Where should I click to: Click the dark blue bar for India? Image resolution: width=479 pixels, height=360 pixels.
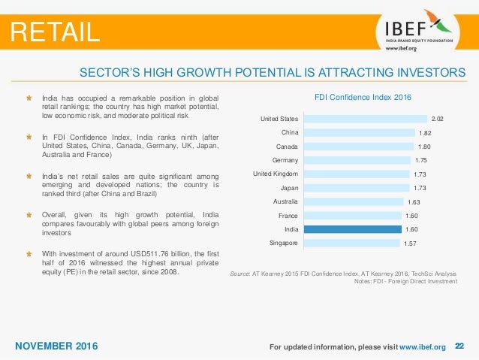[353, 229]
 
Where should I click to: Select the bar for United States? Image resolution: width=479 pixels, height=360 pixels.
[366, 119]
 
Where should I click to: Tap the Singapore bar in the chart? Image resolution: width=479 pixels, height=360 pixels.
[351, 244]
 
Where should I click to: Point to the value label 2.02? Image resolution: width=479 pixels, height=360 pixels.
[437, 119]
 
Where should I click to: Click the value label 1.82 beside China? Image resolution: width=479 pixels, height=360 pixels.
[425, 133]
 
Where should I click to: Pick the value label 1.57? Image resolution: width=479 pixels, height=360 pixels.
[410, 244]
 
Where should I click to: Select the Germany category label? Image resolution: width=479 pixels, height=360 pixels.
[285, 160]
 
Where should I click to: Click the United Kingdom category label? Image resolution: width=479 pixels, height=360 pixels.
[276, 174]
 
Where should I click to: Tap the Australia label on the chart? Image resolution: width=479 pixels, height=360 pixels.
[285, 201]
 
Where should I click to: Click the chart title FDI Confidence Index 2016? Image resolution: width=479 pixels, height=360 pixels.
[363, 97]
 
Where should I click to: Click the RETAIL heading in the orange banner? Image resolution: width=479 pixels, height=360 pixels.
[55, 32]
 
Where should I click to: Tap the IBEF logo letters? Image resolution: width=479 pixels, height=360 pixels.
[405, 29]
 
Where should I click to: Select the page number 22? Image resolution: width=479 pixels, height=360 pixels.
[459, 346]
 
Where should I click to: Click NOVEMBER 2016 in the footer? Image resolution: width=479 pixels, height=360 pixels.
[56, 346]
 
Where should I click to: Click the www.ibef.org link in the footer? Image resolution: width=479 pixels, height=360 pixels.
[423, 347]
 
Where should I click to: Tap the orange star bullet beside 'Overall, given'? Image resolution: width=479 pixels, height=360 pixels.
[29, 215]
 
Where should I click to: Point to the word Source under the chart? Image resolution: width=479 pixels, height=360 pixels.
[239, 274]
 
